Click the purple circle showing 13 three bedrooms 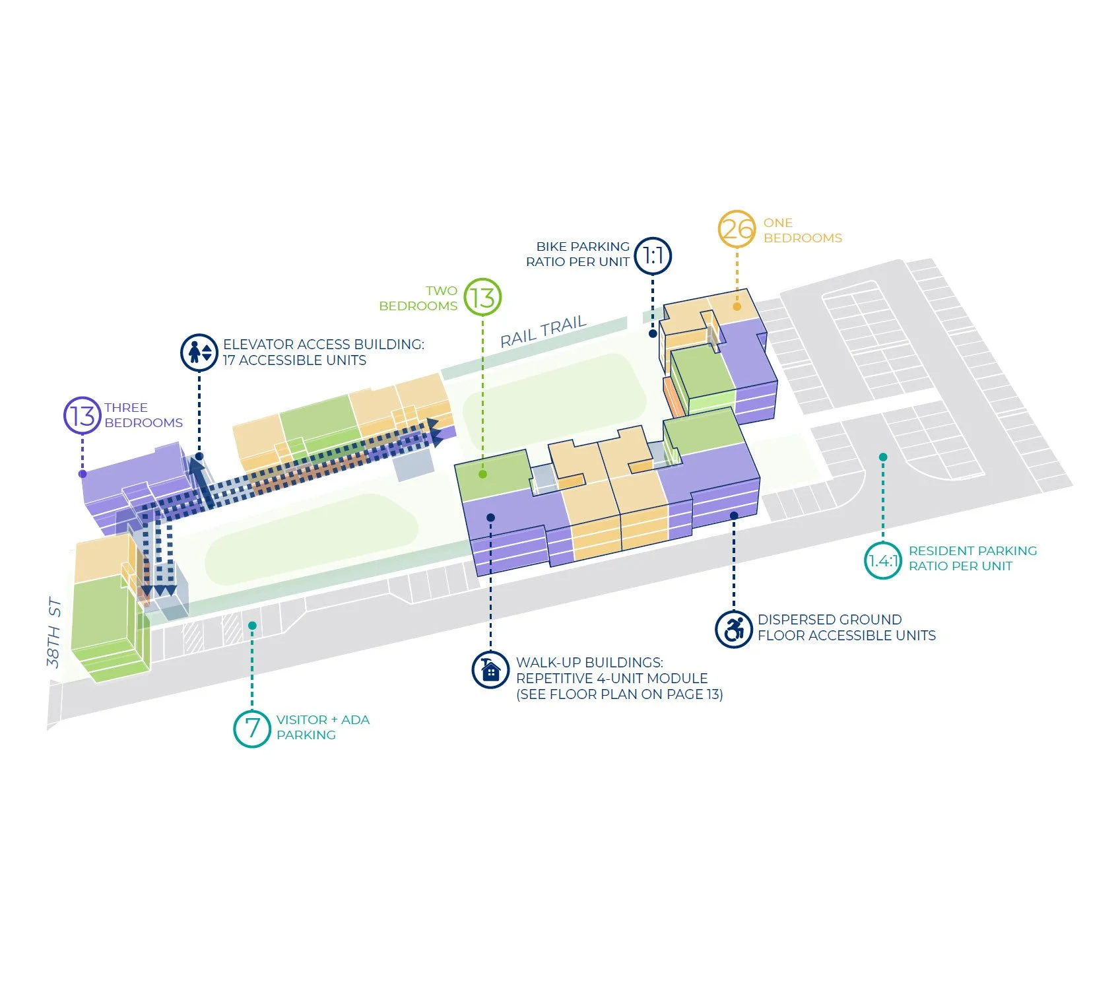(82, 416)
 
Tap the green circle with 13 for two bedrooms (482, 297)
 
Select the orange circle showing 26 (737, 229)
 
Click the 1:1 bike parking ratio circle (653, 255)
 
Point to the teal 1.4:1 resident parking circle (883, 561)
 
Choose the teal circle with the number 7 (252, 729)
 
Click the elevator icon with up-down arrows (199, 352)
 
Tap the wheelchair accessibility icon (734, 629)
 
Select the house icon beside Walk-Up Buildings (490, 670)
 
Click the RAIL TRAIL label (543, 331)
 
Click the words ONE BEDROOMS (803, 230)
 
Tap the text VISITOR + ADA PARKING (323, 727)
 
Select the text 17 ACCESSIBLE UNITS (294, 360)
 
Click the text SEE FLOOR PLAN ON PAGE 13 (619, 694)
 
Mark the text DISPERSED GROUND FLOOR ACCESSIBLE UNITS (846, 628)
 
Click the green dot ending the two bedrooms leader (483, 474)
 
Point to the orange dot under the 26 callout (737, 307)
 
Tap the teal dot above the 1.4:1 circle (883, 457)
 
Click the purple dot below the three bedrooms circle (82, 474)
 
